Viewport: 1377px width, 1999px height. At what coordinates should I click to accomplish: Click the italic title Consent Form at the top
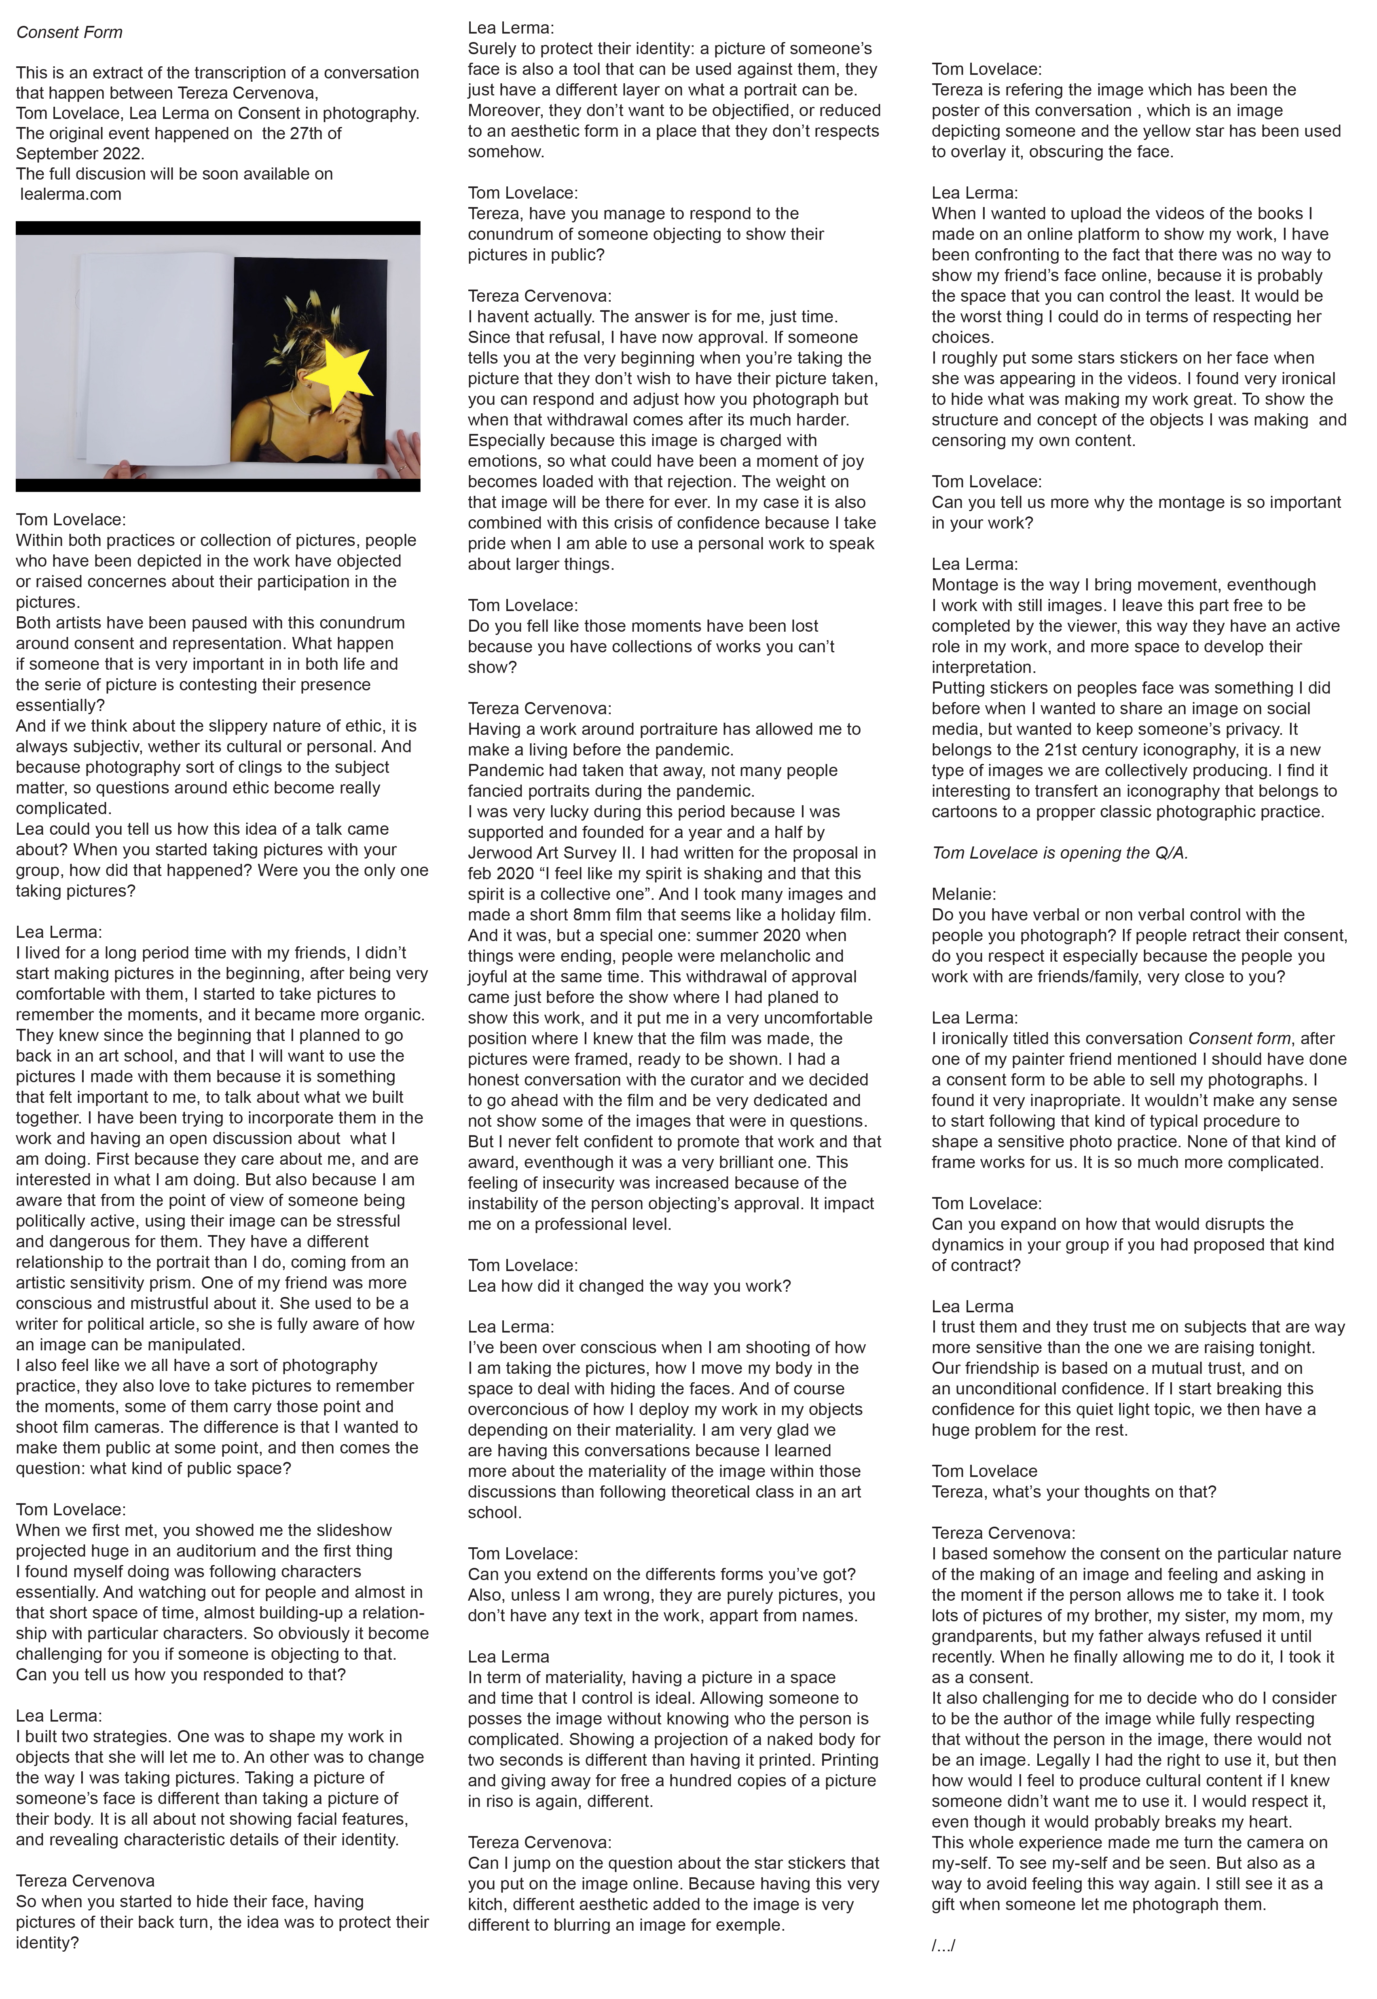pyautogui.click(x=69, y=33)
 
